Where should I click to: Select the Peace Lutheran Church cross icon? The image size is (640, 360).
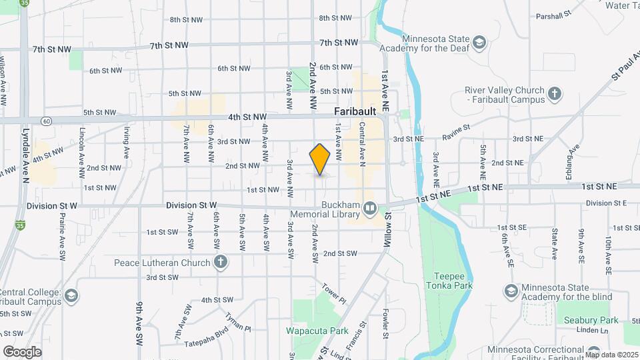pyautogui.click(x=221, y=262)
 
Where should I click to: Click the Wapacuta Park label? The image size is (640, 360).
pyautogui.click(x=317, y=331)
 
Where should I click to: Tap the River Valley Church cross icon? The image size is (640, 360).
pyautogui.click(x=555, y=95)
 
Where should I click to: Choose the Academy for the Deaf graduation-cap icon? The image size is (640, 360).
pyautogui.click(x=479, y=43)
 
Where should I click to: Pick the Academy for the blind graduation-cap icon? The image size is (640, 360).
pyautogui.click(x=511, y=291)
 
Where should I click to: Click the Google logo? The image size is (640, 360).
pyautogui.click(x=22, y=352)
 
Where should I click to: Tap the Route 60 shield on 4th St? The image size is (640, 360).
pyautogui.click(x=45, y=121)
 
